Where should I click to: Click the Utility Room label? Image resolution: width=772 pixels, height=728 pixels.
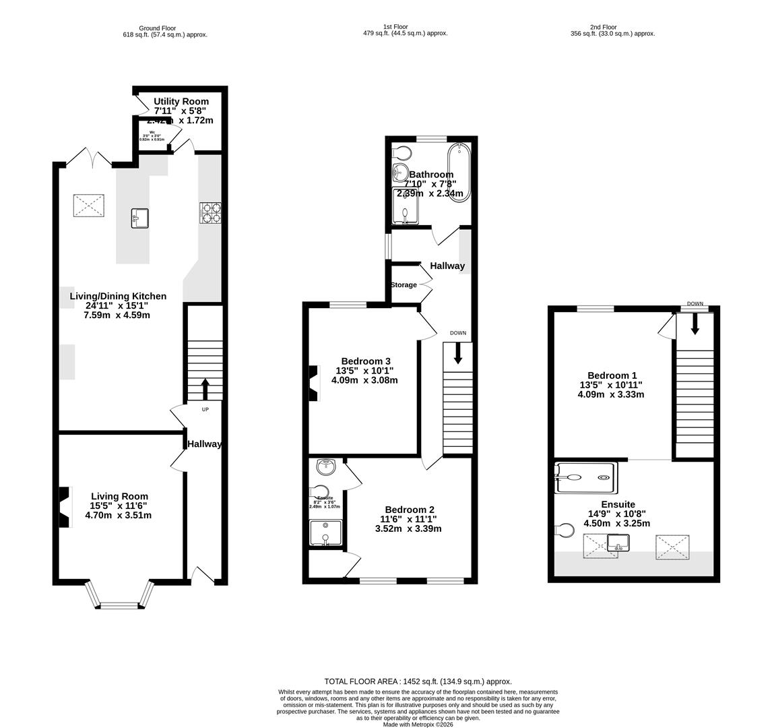(x=181, y=102)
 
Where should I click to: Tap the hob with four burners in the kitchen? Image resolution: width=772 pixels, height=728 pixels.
(x=210, y=213)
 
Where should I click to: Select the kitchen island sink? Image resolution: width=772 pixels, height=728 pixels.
(x=140, y=218)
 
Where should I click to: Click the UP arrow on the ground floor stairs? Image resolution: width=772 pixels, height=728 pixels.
(x=205, y=389)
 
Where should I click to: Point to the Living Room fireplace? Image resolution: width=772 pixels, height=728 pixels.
(x=63, y=506)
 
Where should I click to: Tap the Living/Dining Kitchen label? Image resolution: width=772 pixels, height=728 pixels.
(x=118, y=296)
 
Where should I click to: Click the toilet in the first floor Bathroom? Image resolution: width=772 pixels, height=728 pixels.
(x=403, y=151)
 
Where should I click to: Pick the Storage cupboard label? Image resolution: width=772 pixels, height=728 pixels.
(x=404, y=285)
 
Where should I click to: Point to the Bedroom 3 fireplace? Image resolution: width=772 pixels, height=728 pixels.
(x=313, y=382)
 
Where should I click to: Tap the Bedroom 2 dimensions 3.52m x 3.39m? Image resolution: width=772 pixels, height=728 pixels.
(x=408, y=528)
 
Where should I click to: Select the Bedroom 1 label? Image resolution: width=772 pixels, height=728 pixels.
(x=612, y=375)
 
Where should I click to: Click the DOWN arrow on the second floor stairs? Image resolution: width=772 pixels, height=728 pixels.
(x=695, y=324)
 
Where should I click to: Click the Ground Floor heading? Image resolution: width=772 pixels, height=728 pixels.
(x=157, y=28)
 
